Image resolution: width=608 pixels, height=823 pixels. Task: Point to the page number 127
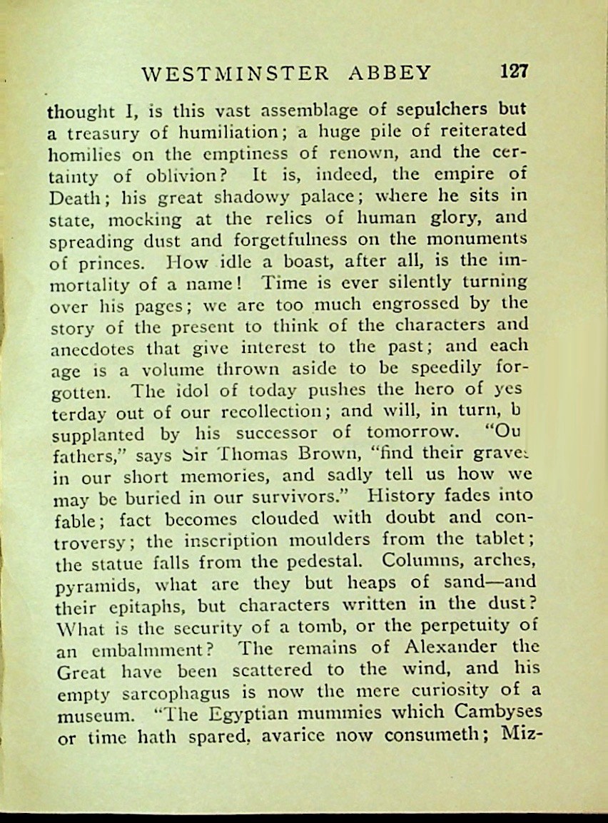pyautogui.click(x=514, y=71)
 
